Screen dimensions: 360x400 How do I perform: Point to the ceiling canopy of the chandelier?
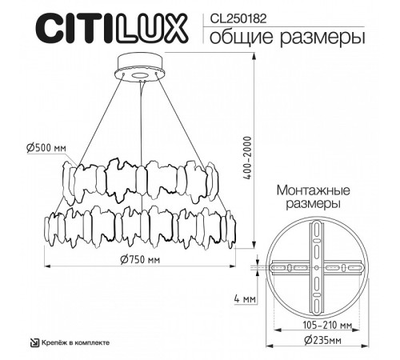tap(140, 68)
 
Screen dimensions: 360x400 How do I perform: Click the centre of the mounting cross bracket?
tap(318, 267)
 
